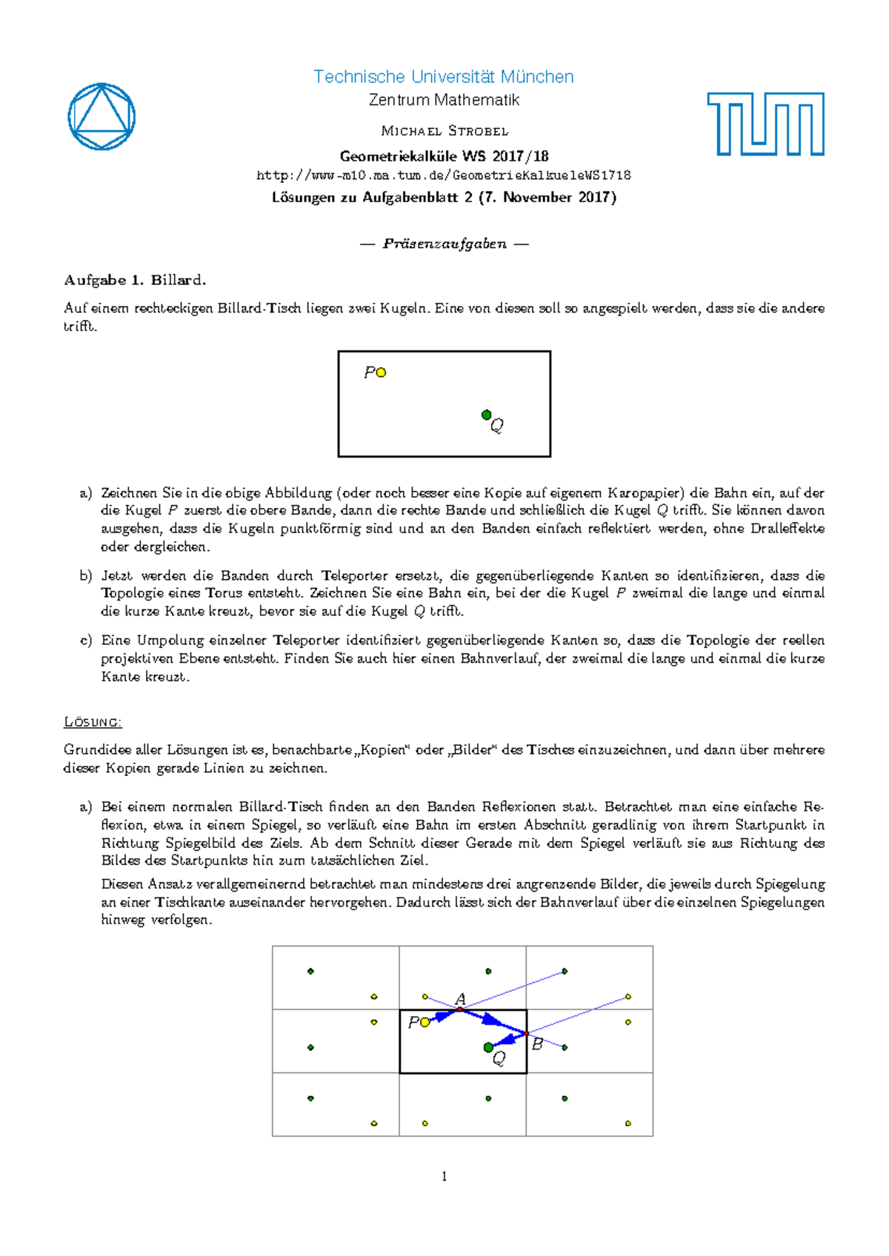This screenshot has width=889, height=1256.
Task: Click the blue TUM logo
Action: (765, 124)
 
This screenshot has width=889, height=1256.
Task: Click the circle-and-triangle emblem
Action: (101, 117)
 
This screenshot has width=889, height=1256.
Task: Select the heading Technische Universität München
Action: (443, 77)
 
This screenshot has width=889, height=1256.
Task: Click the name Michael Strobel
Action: (444, 131)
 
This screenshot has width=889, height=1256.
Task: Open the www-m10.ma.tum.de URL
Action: (443, 176)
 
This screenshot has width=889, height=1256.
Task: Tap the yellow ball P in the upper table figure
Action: (381, 373)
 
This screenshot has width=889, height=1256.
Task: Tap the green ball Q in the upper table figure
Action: (486, 415)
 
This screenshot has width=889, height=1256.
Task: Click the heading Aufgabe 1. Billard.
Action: (135, 280)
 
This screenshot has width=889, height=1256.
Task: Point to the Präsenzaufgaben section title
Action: (444, 244)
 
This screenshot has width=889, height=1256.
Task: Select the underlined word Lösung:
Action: (93, 721)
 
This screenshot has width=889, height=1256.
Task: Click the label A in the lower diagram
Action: (460, 998)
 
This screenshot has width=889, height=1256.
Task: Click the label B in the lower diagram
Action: (537, 1044)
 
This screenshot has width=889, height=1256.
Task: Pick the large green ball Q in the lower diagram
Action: (488, 1047)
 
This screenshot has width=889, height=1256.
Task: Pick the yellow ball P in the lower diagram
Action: (424, 1023)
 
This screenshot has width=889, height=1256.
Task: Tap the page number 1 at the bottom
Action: (444, 1176)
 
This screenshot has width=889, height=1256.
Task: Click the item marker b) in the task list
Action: (86, 575)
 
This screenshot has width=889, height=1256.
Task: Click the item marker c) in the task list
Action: (86, 640)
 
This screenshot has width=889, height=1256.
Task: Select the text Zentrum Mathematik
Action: (444, 100)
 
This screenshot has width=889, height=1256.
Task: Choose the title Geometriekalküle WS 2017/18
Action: (444, 156)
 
